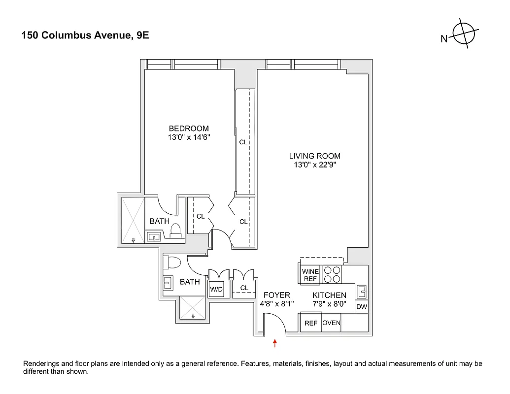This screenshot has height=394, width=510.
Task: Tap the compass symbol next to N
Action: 466,34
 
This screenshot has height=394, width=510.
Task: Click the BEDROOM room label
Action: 189,129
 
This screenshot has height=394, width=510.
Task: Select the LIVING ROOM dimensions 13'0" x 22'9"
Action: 314,165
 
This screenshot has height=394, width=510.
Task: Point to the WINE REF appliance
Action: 310,275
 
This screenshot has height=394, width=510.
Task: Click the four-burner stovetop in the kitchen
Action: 332,275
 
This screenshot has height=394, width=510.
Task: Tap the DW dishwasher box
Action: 361,307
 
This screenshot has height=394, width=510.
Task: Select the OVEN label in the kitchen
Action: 331,324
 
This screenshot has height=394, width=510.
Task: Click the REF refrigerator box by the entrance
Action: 310,324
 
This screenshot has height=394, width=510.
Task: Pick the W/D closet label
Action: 217,290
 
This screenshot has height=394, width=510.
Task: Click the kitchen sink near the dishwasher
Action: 362,291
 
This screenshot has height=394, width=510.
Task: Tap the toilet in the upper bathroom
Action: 174,230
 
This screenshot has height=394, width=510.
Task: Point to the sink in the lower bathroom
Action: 168,283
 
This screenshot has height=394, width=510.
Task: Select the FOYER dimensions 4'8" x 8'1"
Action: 276,304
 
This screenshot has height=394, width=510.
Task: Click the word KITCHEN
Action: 329,295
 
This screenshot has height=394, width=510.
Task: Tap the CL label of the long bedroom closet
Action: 243,142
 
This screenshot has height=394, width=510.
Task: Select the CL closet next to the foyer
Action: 244,288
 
